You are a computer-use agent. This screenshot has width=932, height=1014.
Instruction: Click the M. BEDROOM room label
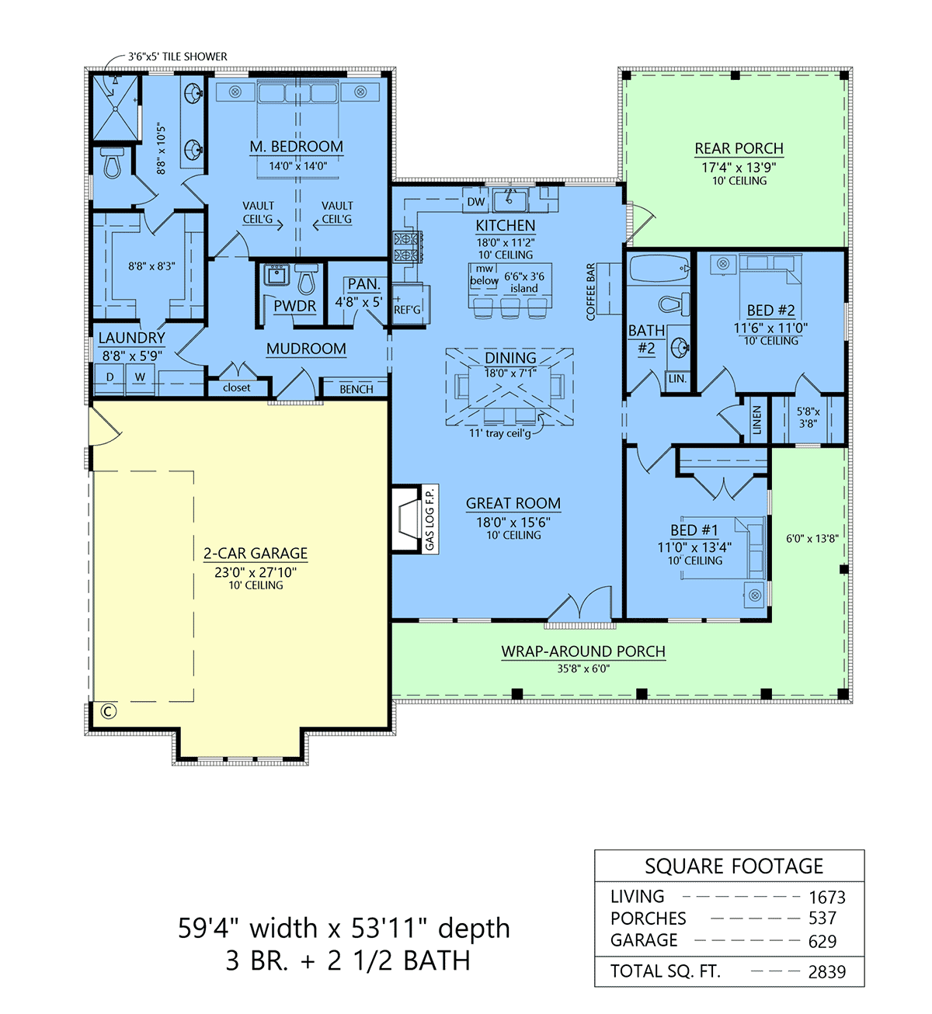coord(297,147)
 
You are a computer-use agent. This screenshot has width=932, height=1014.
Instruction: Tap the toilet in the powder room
coord(306,279)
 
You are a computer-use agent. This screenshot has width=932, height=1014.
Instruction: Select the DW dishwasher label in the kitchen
coord(476,202)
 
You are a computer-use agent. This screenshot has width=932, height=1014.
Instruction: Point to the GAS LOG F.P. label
coord(429,519)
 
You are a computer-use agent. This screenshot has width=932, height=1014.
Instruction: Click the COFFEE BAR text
coord(590,292)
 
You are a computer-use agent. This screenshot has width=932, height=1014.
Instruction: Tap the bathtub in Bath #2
coord(659,268)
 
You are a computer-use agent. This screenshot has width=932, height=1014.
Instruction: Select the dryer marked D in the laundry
coord(110,379)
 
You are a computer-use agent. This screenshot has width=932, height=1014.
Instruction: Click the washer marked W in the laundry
coord(140,379)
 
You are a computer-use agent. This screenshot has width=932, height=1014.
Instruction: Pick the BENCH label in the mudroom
coord(356,389)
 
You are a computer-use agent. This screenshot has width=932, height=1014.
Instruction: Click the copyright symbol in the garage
coord(109,711)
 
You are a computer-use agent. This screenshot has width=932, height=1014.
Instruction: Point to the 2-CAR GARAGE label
coord(256,554)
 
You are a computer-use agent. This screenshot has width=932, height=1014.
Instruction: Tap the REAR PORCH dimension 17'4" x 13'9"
coord(739,167)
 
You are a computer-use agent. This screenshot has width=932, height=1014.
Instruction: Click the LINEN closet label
coord(756,420)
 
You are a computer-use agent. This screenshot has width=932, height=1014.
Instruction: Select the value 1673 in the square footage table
coord(827,898)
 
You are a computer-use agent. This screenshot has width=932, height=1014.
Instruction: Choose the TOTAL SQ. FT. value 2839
coord(827,972)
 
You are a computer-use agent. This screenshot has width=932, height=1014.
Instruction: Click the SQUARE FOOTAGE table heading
coord(734,866)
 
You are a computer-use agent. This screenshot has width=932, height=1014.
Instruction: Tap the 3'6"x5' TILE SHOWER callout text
coord(178,57)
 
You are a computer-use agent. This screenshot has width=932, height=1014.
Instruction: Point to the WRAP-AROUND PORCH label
coord(583,651)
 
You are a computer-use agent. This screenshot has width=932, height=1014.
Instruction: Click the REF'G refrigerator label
coord(407,310)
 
